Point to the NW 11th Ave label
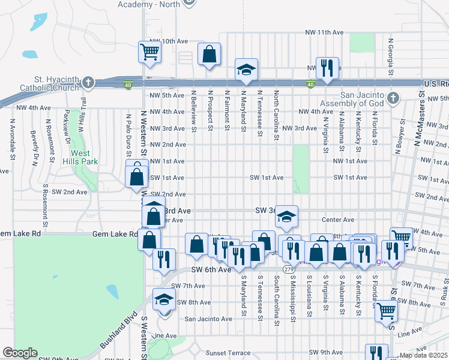coord(324,32)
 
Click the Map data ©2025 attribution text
coord(423,355)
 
